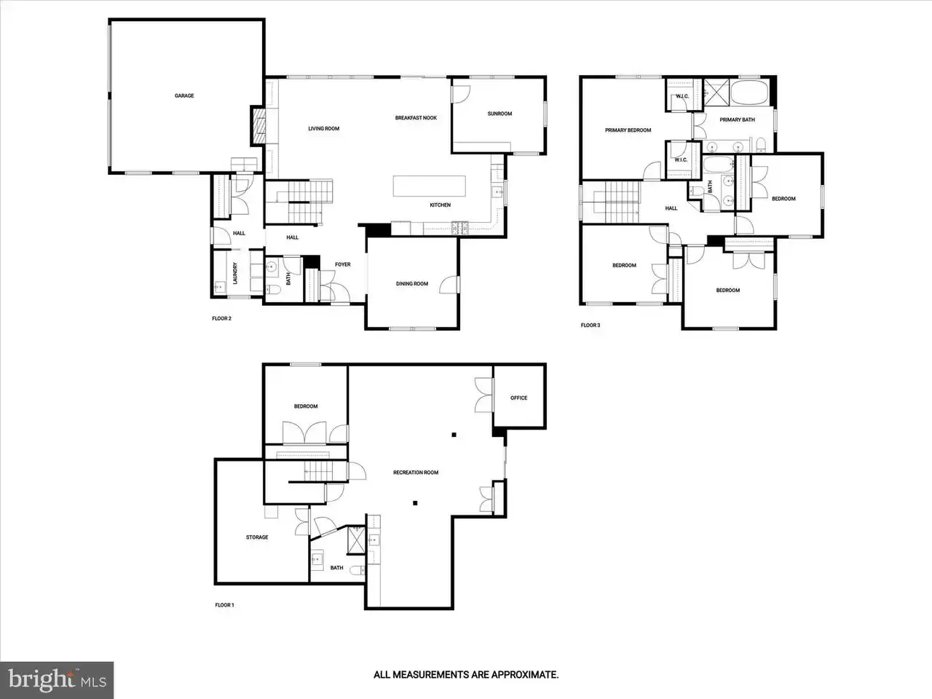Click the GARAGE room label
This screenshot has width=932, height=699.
click(184, 96)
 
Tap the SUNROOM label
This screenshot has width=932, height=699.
click(499, 114)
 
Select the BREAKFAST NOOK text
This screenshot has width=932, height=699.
click(416, 118)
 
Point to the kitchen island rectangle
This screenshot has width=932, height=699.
click(430, 186)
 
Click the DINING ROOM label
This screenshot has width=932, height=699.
click(412, 284)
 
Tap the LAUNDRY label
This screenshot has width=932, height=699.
click(235, 273)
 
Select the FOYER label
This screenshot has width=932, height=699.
click(343, 265)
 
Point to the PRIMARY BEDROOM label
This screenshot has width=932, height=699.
click(628, 130)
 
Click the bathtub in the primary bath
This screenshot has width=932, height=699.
click(750, 92)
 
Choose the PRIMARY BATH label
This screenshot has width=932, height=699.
click(737, 119)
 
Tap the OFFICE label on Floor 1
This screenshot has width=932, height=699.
click(519, 398)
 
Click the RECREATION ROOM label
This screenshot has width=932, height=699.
click(416, 473)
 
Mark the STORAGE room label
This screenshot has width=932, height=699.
click(257, 537)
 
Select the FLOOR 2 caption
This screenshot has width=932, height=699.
click(221, 319)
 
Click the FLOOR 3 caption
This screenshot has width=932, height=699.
click(591, 325)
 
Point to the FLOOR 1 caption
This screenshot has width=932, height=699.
click(224, 605)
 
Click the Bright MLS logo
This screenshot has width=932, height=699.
click(57, 680)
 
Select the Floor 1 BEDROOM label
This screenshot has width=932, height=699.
click(306, 406)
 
